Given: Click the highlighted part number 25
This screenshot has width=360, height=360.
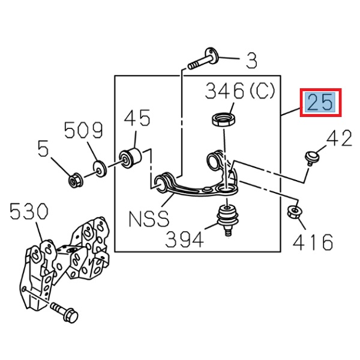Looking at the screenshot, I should (321, 103).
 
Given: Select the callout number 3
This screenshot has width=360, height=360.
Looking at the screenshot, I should (251, 60).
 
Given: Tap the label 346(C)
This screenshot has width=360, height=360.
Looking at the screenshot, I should (239, 92).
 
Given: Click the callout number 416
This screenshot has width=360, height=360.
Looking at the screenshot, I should (313, 242).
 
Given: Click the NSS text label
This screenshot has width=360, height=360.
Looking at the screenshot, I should (149, 218).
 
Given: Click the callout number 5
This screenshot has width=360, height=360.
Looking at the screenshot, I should (43, 148).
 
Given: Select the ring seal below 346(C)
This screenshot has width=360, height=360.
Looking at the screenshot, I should (223, 119).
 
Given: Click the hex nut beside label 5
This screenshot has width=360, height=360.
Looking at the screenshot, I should (76, 178).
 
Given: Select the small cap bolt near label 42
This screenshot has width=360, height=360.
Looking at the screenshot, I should (310, 157).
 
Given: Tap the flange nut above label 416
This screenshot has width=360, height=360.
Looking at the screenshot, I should (295, 211).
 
